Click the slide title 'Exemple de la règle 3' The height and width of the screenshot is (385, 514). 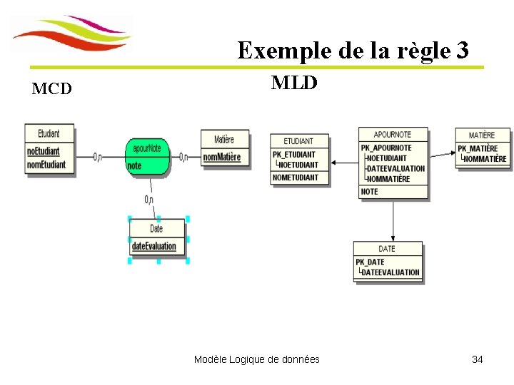click(x=353, y=51)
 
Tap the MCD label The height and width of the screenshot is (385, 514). click(x=51, y=89)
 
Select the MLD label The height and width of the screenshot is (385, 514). click(x=294, y=83)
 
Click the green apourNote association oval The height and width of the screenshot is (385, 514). click(x=147, y=155)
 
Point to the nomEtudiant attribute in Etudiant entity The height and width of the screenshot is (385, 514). click(x=46, y=165)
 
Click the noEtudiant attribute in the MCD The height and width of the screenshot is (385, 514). click(x=44, y=151)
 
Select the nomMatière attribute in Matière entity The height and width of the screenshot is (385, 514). click(x=222, y=157)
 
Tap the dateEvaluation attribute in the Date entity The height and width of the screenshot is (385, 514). click(x=153, y=247)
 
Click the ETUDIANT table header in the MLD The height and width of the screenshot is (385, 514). click(x=299, y=141)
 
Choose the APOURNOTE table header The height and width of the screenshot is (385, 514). click(x=393, y=134)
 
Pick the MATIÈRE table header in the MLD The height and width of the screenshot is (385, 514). click(x=483, y=135)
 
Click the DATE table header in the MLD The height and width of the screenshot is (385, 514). click(x=387, y=249)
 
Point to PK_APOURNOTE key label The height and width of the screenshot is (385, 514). click(x=386, y=148)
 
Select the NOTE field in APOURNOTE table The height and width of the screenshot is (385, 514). click(x=370, y=192)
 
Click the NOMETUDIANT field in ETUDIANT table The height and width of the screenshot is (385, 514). click(x=296, y=178)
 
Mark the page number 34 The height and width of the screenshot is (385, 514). click(x=477, y=359)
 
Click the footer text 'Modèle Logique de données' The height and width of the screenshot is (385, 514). click(x=256, y=359)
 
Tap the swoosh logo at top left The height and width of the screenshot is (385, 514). click(x=72, y=34)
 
